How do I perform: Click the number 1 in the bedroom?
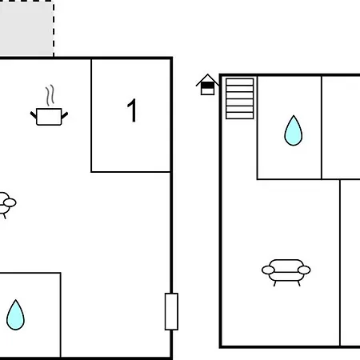point(132,110)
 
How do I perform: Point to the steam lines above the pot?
point(50,95)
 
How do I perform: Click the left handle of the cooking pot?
point(34,115)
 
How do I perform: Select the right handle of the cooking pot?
point(65,115)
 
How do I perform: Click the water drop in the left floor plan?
point(15,315)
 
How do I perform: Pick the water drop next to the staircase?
point(294,130)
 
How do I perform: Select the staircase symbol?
point(239,98)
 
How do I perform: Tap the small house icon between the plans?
point(207,85)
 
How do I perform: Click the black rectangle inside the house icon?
point(207,86)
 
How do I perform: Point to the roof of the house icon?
point(207,79)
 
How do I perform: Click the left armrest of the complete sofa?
point(268,270)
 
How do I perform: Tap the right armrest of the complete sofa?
point(304,270)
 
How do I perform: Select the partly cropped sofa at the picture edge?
point(7,205)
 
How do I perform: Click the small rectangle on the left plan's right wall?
point(171,311)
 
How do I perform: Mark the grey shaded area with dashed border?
point(26,28)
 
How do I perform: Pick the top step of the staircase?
point(239,82)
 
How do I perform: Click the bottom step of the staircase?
point(239,115)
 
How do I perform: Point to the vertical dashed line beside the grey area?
point(54,29)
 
